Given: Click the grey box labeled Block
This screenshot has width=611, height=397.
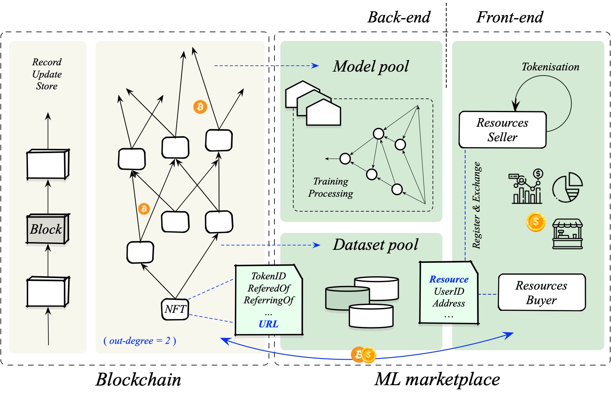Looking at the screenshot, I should pos(47,229).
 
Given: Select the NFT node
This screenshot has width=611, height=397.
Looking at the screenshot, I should pos(175,309).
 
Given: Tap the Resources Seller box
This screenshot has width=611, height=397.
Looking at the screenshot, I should pos(502,130).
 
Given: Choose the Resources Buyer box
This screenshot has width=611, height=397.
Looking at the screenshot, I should pos(541,293).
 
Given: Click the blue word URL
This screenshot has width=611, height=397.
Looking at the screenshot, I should pos(269,324).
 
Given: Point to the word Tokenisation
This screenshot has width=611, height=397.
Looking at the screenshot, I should pos(550,67).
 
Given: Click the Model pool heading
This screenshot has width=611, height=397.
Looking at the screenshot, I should pos(371,66).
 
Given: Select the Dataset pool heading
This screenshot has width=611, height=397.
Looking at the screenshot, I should pos(375,245).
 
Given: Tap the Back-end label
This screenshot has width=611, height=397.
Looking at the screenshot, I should pos(399,17).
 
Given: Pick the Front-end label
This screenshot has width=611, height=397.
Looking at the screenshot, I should pos(510,17).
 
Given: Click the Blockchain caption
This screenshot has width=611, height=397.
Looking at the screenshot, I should pos(138,380).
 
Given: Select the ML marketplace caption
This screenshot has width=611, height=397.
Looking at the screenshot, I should pos(437,380).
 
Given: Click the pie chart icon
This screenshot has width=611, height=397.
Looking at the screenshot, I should pos(567,187).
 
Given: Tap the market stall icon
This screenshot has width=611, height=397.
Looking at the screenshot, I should pos(567,234).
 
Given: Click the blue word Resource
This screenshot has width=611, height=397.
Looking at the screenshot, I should pos(449,279).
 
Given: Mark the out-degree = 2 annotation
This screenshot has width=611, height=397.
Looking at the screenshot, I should pos(140,341).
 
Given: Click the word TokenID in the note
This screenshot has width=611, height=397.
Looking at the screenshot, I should pos(269,276).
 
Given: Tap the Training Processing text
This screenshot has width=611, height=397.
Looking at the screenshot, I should pos(331,187).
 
